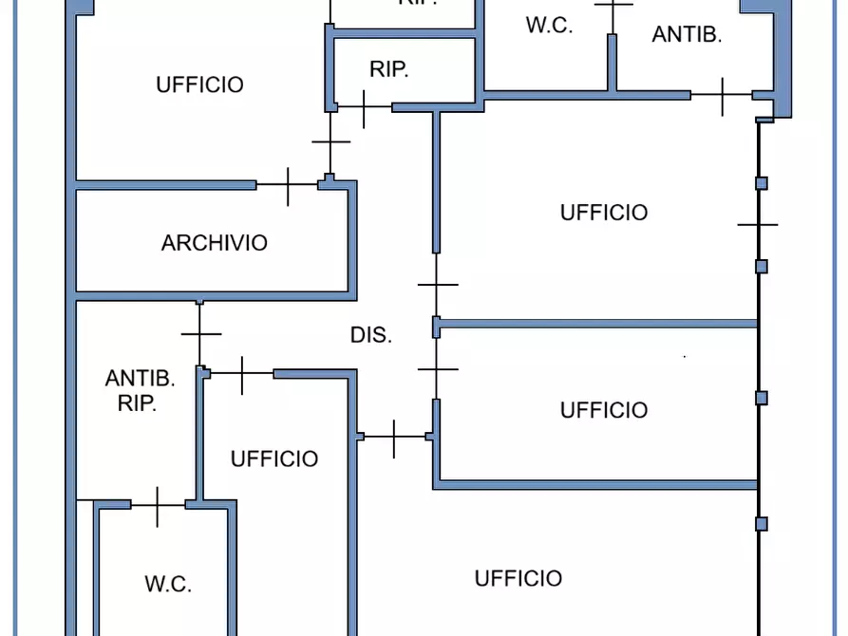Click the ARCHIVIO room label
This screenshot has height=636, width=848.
coord(214,243)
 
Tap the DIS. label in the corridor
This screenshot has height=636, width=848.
coord(371,335)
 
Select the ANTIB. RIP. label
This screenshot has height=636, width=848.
coord(140,390)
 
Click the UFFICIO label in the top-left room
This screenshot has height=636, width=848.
coord(199,84)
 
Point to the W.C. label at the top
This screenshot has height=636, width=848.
coord(549,26)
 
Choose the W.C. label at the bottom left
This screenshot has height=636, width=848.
coord(168,584)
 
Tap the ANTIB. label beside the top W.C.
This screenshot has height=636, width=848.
coord(688,35)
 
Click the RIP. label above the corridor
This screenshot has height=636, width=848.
coord(389,69)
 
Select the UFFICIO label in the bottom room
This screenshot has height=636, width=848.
coord(518,578)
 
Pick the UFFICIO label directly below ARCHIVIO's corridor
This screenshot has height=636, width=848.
coord(274,459)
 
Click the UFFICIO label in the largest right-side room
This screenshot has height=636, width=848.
coord(604,213)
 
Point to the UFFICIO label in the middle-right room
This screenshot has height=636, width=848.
coord(604,410)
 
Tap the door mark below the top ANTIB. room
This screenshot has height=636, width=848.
coord(723,95)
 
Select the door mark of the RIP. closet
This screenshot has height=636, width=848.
coord(364,107)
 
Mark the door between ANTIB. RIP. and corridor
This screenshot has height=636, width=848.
coord(200,333)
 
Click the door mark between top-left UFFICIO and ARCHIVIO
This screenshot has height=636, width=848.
coord(288,185)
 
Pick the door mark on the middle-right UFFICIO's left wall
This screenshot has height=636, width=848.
coord(437,367)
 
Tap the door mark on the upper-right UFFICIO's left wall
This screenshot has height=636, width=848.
coord(437,284)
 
